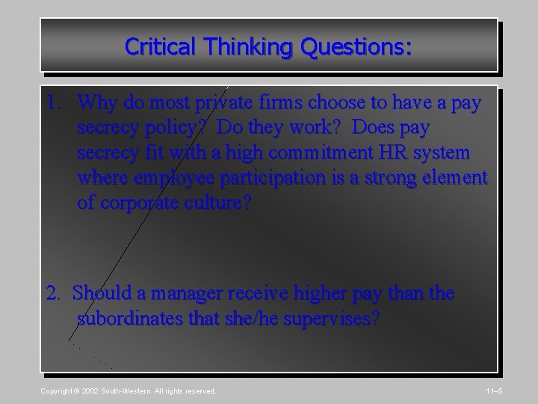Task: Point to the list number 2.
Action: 56,294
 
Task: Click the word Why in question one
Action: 96,102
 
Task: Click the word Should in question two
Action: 101,294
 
